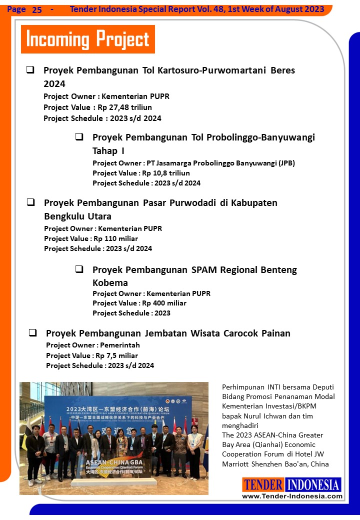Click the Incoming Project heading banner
tap(88, 39)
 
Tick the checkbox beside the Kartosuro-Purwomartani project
tap(30, 70)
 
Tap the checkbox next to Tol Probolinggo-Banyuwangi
tap(79, 136)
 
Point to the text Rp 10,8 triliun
tap(166, 173)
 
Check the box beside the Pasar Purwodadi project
tap(30, 202)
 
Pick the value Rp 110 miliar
tap(116, 238)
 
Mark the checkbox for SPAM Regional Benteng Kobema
tap(79, 269)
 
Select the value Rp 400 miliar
tap(164, 303)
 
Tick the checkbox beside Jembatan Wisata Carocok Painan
tap(33, 332)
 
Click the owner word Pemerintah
tap(120, 345)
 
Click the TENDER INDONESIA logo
tap(292, 484)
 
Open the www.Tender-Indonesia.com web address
tap(292, 496)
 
